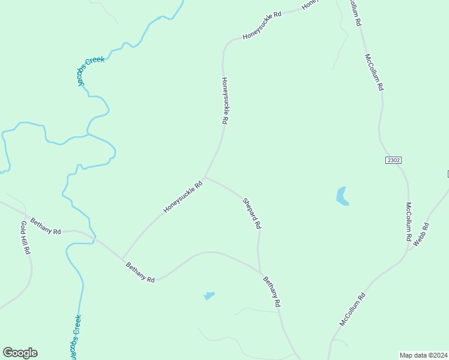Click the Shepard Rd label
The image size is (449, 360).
[x=252, y=213]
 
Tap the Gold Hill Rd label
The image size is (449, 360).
[x=25, y=238]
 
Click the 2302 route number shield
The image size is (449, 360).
[x=393, y=160]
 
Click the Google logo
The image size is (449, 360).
[x=20, y=353]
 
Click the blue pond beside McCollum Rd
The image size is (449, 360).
[x=342, y=196]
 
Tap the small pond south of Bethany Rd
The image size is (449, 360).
[x=209, y=296]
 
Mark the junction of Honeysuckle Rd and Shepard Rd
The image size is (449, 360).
[x=205, y=177]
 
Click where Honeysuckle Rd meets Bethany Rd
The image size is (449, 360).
[x=123, y=259]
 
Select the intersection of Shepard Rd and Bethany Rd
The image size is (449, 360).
[x=260, y=272]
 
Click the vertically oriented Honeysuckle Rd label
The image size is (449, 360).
[x=224, y=100]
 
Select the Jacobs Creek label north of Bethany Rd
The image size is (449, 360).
[x=91, y=71]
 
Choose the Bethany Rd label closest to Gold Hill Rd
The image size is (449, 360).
[x=46, y=227]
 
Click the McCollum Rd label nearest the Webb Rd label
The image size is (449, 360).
[x=408, y=221]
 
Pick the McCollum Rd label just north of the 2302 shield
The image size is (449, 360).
[x=373, y=71]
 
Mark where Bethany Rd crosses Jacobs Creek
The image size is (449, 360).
[x=94, y=238]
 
